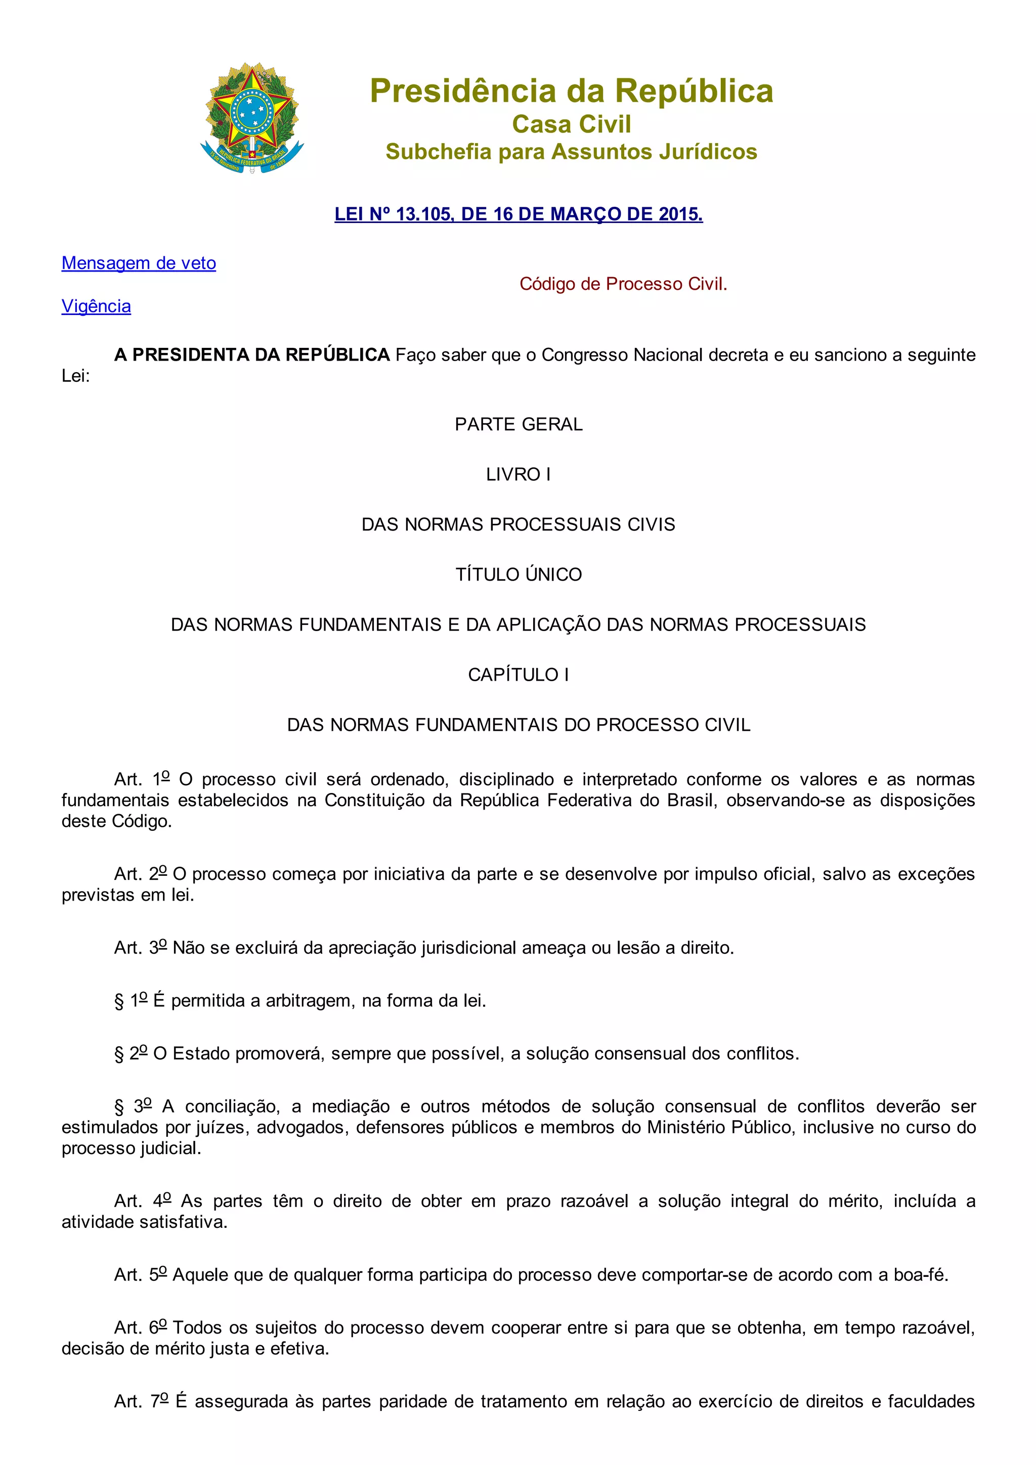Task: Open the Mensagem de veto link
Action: [139, 263]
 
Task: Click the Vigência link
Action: [97, 306]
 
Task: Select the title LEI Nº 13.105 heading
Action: [519, 214]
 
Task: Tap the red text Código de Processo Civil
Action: [623, 284]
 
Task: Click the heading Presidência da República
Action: [571, 91]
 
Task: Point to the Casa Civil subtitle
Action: [571, 124]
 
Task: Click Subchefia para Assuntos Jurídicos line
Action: [571, 152]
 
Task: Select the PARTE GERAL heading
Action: [519, 424]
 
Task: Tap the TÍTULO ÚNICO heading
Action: [519, 575]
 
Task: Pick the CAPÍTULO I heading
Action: [519, 675]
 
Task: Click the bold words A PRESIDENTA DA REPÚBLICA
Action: [251, 355]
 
